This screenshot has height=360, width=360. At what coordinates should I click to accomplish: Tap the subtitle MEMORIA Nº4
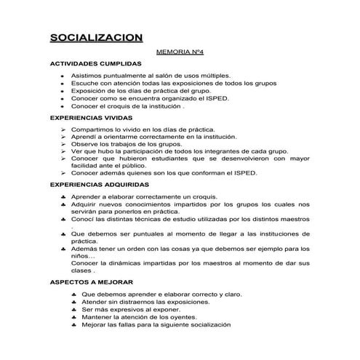coord(179,53)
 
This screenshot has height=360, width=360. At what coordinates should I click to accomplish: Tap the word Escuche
coord(84,84)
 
